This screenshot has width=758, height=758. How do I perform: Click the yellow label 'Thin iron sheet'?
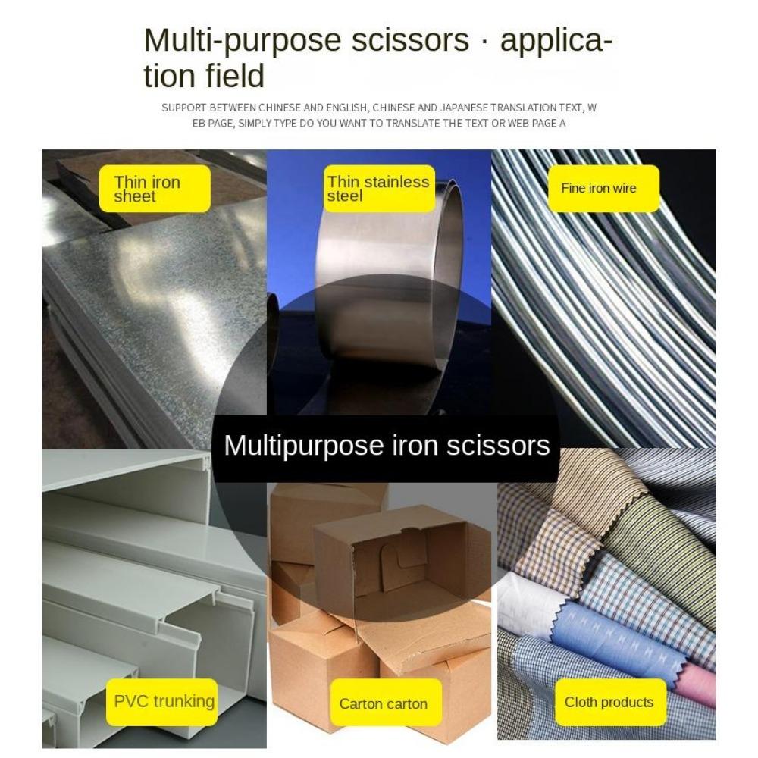[x=155, y=189]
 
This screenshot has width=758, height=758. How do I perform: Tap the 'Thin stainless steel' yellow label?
[x=380, y=189]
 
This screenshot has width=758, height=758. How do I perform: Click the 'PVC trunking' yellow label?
[x=164, y=701]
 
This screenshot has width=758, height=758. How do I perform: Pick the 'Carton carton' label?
[x=384, y=703]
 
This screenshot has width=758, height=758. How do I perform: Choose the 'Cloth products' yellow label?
[x=609, y=702]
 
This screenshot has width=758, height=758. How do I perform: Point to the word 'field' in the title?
[x=236, y=77]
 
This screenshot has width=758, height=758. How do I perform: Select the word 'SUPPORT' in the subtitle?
[x=183, y=108]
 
